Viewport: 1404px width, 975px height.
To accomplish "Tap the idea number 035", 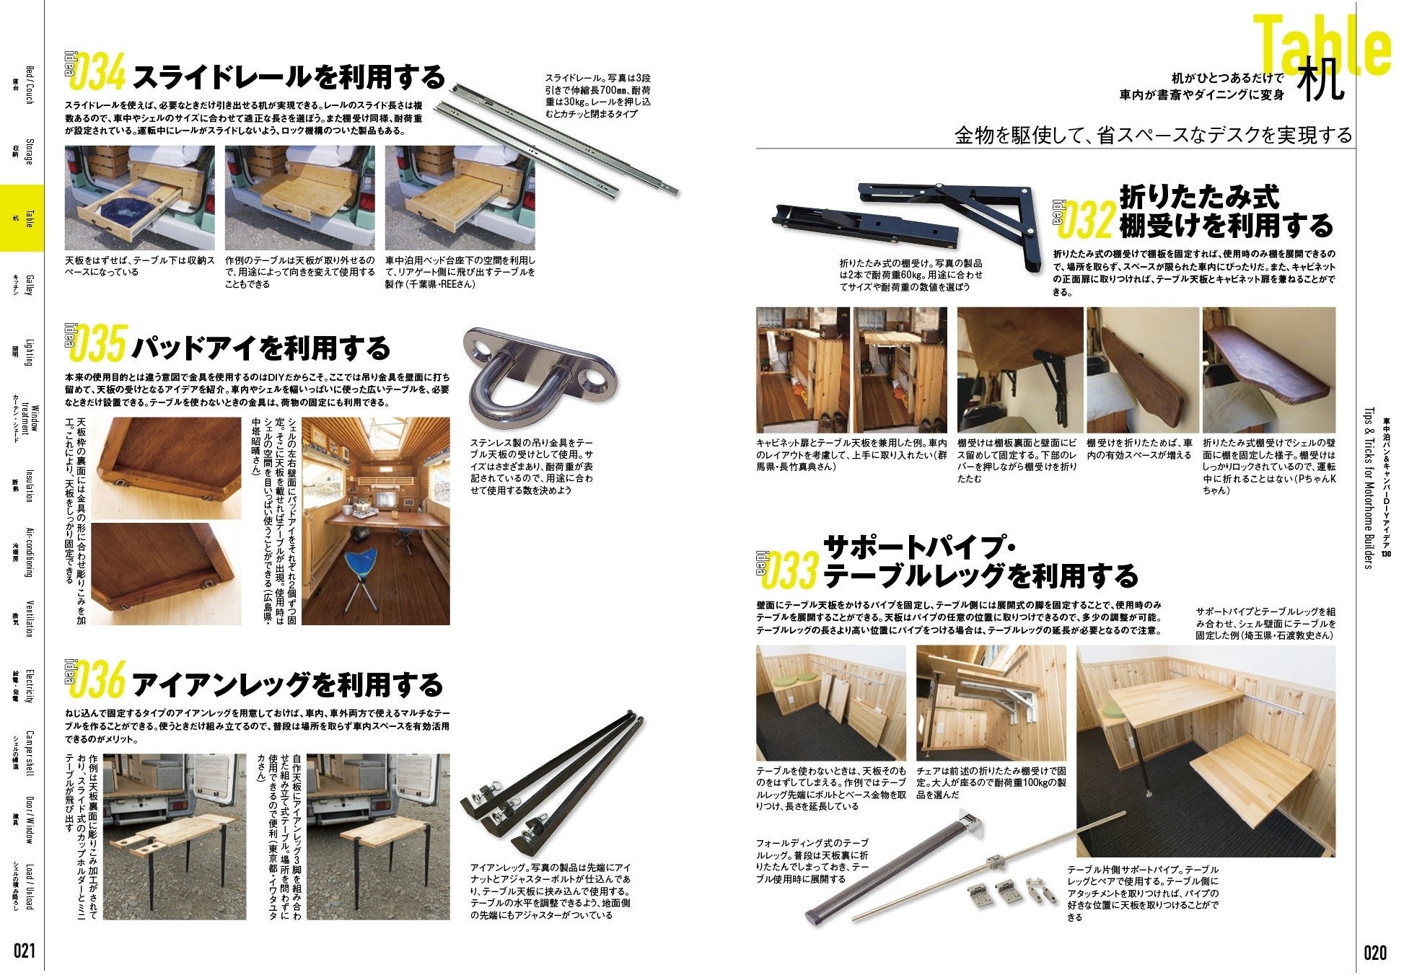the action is click(101, 344).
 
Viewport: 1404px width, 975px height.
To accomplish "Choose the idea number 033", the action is click(789, 573).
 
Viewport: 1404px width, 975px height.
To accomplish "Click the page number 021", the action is click(23, 951).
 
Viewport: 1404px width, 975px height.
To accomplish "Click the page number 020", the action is click(1375, 952).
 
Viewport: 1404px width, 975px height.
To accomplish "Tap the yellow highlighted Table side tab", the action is click(22, 218).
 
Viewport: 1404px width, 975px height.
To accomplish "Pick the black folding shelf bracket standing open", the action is click(949, 226).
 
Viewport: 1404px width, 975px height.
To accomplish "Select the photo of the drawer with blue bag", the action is click(140, 198).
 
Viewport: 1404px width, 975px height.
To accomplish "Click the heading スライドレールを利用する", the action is click(289, 76).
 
